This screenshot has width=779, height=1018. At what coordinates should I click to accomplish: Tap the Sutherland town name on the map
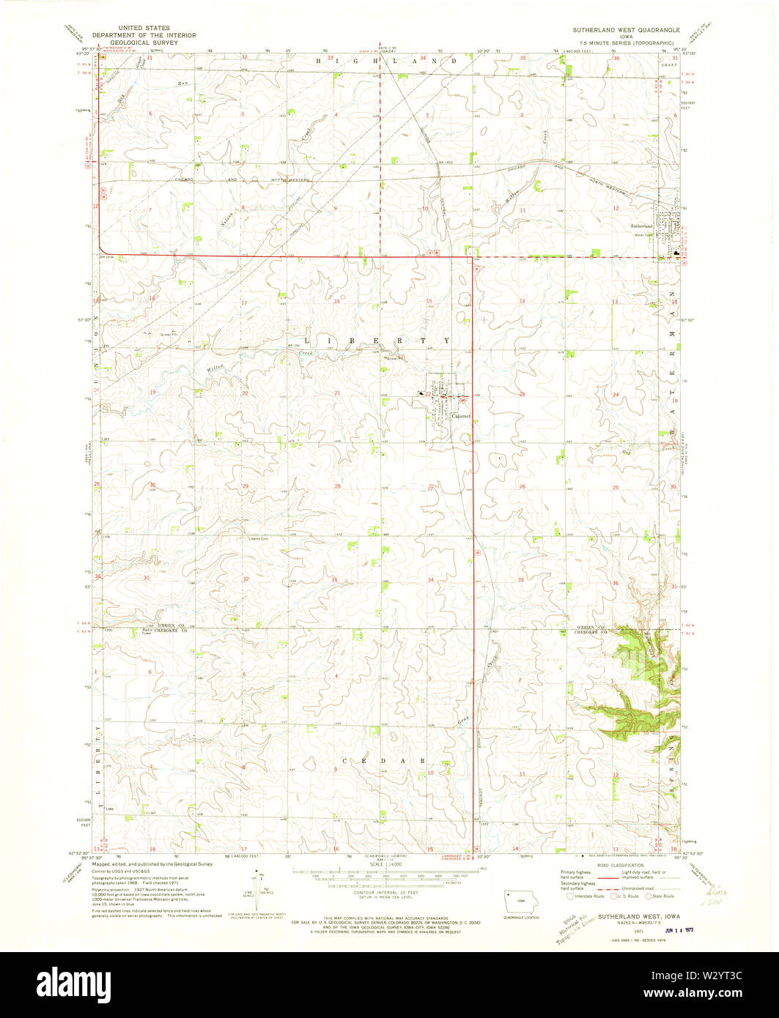(x=641, y=226)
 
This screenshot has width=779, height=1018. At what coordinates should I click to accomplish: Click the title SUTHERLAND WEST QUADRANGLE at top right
(x=627, y=30)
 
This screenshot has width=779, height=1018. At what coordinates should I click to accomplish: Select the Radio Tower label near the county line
(x=152, y=631)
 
